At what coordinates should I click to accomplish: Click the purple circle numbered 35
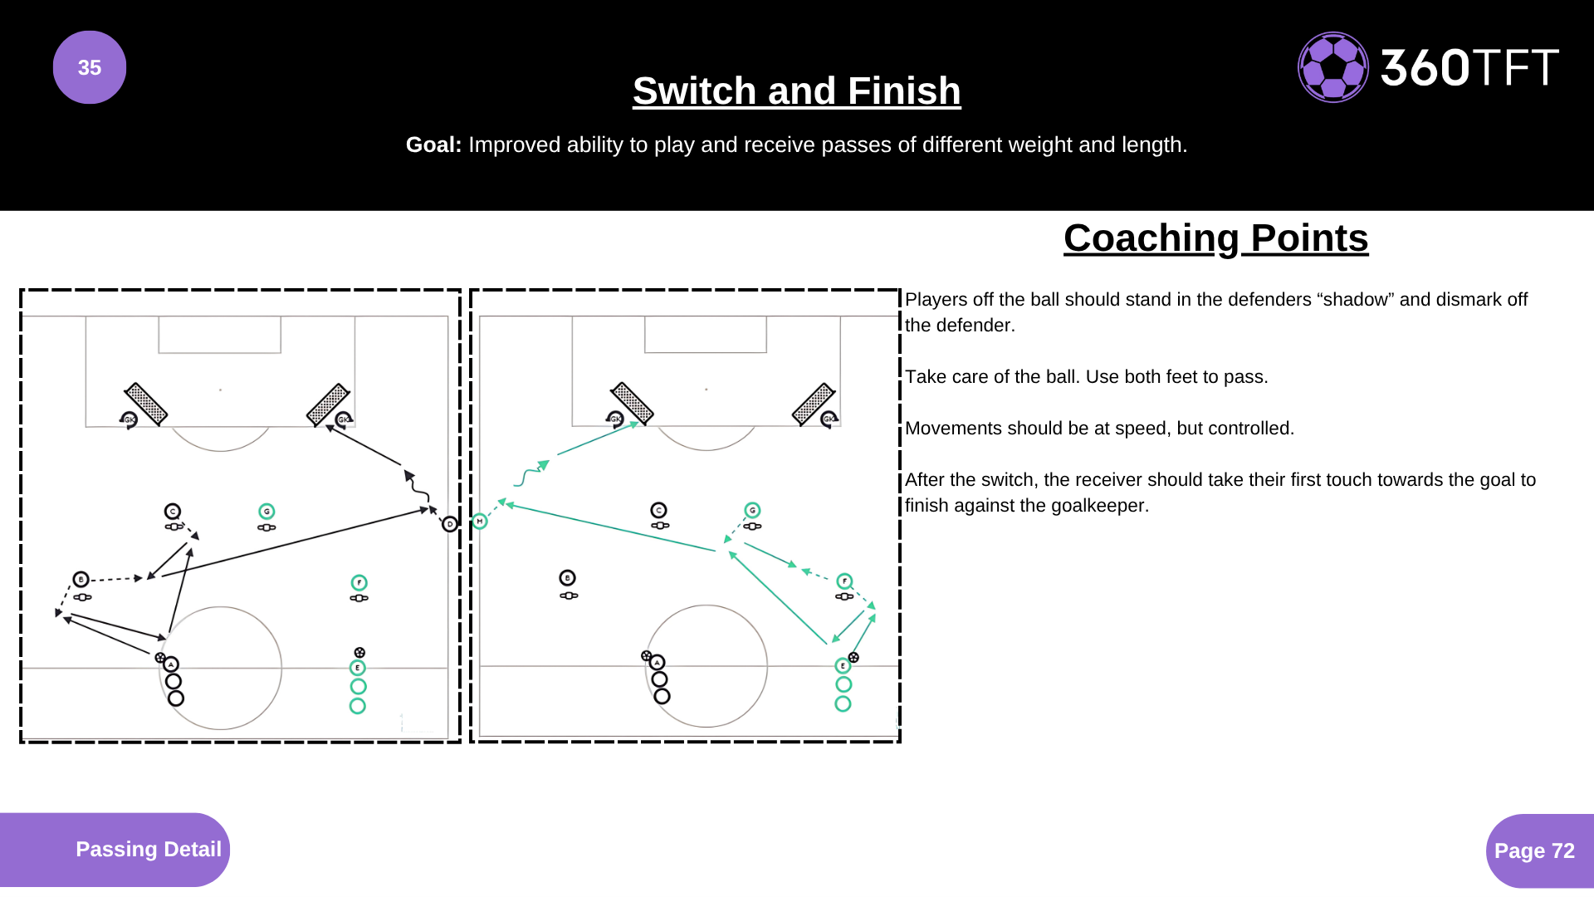click(x=90, y=67)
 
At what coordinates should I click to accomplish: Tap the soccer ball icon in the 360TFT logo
click(x=1332, y=67)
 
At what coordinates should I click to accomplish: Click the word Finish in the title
click(x=904, y=91)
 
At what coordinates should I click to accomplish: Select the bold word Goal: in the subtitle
click(x=433, y=145)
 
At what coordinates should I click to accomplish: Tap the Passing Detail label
click(x=148, y=849)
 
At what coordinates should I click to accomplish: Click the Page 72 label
click(x=1533, y=850)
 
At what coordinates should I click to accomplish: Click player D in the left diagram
click(x=450, y=524)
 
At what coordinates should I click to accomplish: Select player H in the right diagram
click(x=480, y=522)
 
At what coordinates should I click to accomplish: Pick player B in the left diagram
click(x=81, y=579)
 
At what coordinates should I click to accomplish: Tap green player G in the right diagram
click(x=752, y=510)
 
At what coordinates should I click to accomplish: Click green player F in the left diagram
click(x=359, y=582)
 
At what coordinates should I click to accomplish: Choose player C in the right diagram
click(x=658, y=510)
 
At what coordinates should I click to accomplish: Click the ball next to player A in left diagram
click(x=160, y=658)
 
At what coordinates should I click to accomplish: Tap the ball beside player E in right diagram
click(x=853, y=658)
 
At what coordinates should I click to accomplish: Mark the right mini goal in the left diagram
click(x=328, y=404)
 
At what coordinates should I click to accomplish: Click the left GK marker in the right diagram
click(x=615, y=419)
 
